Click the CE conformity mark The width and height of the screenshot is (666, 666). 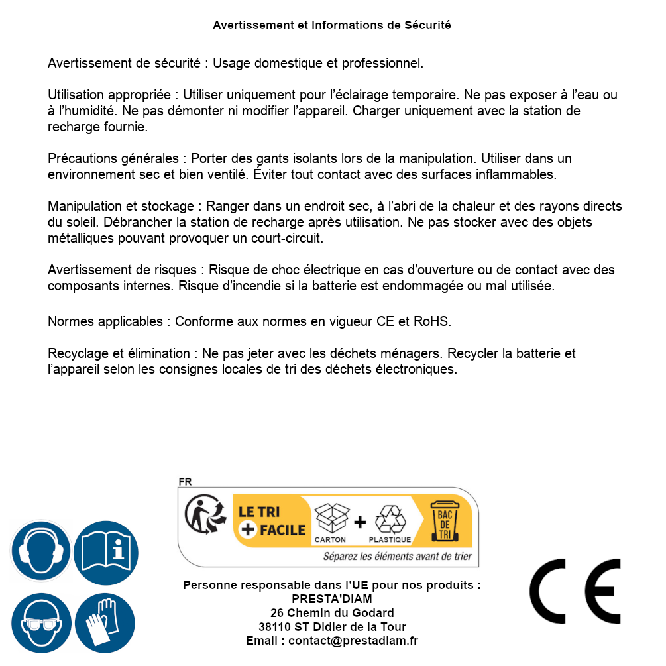click(575, 591)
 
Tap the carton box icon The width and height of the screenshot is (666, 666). click(331, 518)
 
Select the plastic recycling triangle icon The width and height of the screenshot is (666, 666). click(390, 520)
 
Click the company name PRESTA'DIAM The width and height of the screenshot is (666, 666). click(332, 599)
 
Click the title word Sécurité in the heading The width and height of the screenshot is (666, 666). click(427, 25)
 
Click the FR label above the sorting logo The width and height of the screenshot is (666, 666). click(185, 482)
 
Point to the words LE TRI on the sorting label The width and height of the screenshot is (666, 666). click(260, 512)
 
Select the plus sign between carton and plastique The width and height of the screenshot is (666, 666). click(360, 522)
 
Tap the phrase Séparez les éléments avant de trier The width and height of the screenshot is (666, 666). click(397, 556)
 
